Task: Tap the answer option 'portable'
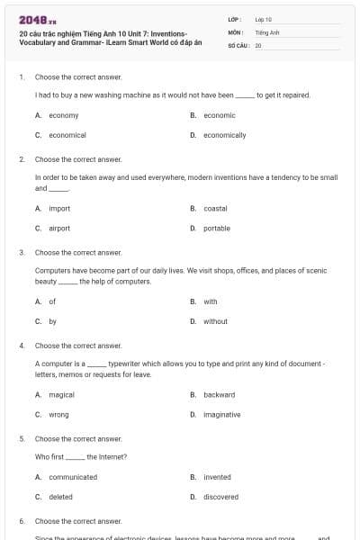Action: coord(217,229)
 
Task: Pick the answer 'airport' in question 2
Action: coord(59,229)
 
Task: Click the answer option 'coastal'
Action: coord(215,209)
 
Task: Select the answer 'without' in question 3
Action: coord(215,321)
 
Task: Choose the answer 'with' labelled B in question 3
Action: coord(210,301)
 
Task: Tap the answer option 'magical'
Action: coord(61,394)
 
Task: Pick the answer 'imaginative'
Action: coord(221,414)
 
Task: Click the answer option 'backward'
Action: coord(219,394)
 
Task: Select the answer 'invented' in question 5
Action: coord(217,477)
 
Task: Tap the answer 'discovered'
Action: coord(220,497)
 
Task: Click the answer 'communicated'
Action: coord(73,477)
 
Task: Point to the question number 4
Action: coord(21,346)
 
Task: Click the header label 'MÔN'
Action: coord(235,31)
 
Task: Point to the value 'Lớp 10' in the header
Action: coord(263,19)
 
